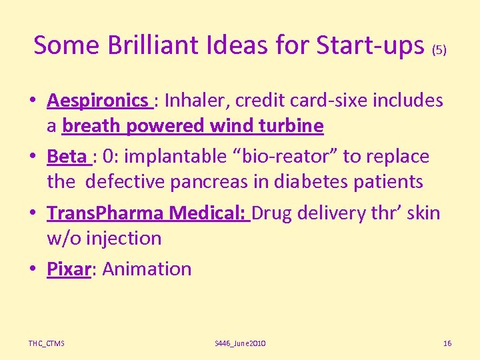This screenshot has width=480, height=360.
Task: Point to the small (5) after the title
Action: coord(439,49)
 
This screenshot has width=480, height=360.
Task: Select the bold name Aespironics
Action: coord(97,101)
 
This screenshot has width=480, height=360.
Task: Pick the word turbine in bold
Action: coord(291,125)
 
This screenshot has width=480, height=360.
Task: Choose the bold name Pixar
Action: coord(68,269)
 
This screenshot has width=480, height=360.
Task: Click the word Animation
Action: coord(147,269)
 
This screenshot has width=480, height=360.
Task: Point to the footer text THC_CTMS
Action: coord(47,343)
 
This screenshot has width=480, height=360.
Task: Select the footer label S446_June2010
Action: coord(240,343)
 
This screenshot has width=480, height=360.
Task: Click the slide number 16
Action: coord(447,343)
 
